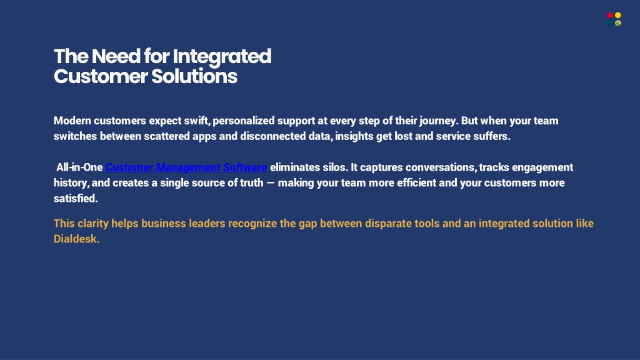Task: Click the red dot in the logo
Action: (x=610, y=16)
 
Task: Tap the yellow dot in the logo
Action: (x=618, y=16)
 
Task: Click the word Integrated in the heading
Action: (x=222, y=57)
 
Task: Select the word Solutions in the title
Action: (x=194, y=76)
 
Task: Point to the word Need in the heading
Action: (x=116, y=56)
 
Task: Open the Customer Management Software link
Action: (x=186, y=167)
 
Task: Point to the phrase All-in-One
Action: (x=79, y=167)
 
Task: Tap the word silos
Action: (x=335, y=167)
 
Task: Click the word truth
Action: (x=251, y=183)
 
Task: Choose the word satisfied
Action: (x=76, y=198)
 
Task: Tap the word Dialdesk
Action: (x=77, y=239)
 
